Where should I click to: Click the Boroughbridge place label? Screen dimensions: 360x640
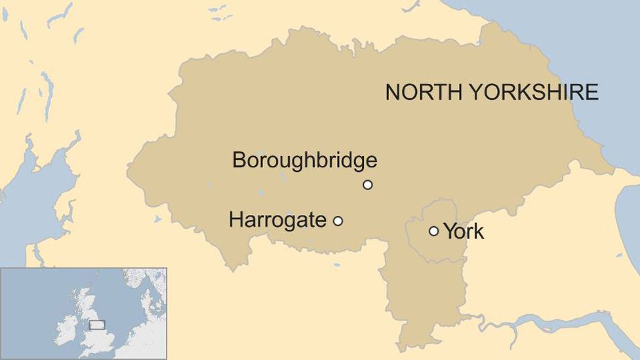click(x=305, y=160)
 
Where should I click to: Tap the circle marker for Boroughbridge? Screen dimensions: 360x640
click(x=368, y=185)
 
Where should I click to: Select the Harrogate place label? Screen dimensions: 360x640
click(x=277, y=220)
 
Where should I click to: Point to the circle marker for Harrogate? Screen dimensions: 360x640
click(x=338, y=221)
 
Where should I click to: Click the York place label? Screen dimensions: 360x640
click(x=464, y=231)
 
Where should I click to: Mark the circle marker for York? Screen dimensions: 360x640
click(x=433, y=231)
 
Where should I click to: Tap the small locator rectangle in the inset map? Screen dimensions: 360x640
click(x=96, y=324)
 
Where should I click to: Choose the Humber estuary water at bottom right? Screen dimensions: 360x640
click(x=557, y=321)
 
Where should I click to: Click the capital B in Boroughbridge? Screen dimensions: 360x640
click(x=239, y=160)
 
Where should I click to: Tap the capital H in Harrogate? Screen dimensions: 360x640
click(x=235, y=220)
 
